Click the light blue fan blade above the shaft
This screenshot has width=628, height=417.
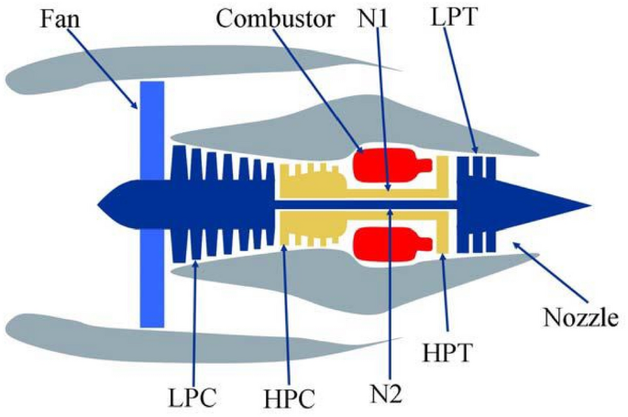coord(151,128)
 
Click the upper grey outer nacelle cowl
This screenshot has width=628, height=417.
coord(183,64)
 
